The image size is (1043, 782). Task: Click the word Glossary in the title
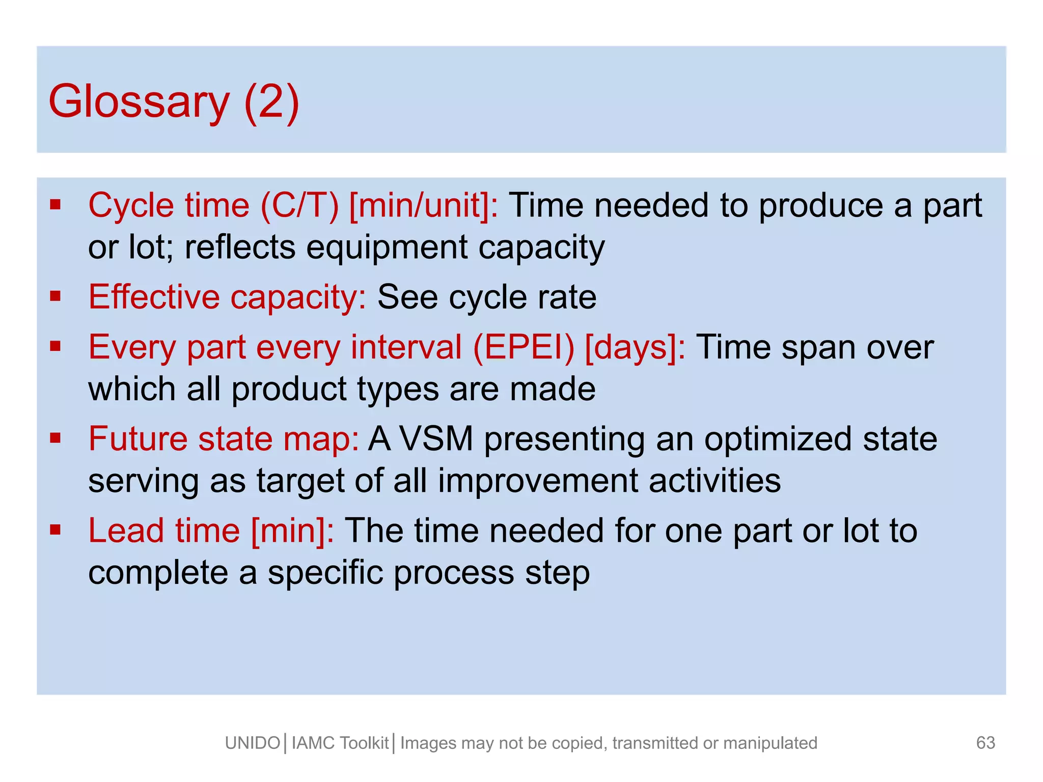pos(139,102)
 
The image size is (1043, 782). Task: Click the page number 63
pos(985,743)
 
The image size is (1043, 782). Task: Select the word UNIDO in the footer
pos(253,743)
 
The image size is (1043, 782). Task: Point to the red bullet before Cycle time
pos(56,205)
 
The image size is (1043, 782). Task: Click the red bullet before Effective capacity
pos(56,296)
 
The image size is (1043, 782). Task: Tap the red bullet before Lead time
pos(56,530)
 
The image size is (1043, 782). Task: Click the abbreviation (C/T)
pos(299,206)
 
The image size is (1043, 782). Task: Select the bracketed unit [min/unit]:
pos(424,206)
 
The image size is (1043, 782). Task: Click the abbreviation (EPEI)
pos(524,348)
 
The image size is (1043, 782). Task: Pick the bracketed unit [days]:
pos(635,348)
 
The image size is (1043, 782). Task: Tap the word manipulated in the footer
pos(770,743)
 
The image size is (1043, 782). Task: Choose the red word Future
pos(138,439)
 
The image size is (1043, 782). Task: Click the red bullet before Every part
pos(56,347)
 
